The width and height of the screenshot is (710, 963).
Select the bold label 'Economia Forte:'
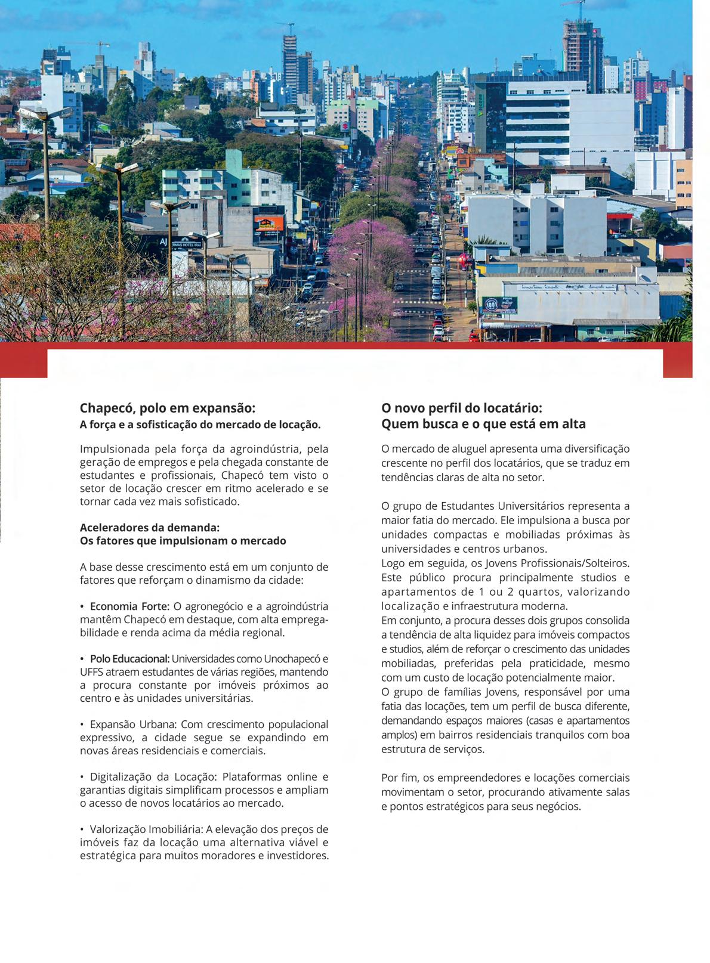(x=129, y=606)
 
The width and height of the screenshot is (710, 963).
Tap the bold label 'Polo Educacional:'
(x=129, y=659)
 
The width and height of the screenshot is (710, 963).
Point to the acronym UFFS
(x=92, y=672)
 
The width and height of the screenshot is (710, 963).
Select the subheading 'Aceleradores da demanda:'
(x=150, y=528)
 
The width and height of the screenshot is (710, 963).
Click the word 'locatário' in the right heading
(x=514, y=408)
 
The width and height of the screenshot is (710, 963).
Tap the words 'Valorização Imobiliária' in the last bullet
(x=146, y=829)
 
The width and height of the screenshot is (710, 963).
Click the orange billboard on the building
(x=269, y=223)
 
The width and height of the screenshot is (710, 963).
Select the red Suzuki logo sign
(x=345, y=126)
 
